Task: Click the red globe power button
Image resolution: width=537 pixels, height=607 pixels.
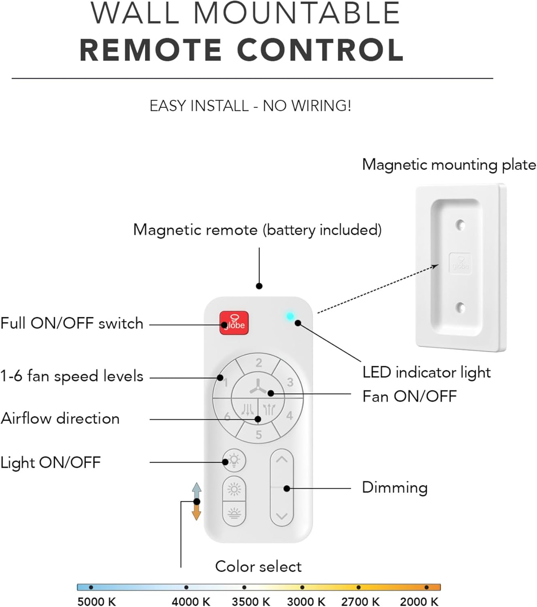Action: click(234, 323)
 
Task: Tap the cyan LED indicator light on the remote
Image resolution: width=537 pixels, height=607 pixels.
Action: click(290, 316)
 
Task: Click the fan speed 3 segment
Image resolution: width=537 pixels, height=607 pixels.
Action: click(290, 382)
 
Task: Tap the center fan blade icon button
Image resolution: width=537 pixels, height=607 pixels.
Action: click(258, 387)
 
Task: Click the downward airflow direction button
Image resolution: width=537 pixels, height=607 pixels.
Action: click(247, 410)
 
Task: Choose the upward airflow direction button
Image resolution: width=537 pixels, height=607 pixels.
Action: click(269, 410)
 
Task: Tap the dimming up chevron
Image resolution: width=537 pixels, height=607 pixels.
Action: click(281, 460)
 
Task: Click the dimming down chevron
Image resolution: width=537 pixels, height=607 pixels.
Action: click(281, 516)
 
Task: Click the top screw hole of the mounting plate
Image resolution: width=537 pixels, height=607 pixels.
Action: click(460, 224)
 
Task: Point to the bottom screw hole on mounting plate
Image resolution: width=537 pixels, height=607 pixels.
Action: click(460, 308)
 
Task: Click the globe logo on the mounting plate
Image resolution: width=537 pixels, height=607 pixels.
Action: click(460, 263)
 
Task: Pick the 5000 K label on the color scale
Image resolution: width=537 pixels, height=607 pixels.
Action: click(96, 601)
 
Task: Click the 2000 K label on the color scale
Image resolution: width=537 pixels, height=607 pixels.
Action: click(419, 601)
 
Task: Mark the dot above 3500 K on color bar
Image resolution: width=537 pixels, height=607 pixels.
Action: click(244, 587)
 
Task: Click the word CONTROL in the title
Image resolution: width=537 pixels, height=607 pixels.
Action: click(320, 50)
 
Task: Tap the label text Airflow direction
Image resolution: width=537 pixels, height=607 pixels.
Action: click(60, 418)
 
